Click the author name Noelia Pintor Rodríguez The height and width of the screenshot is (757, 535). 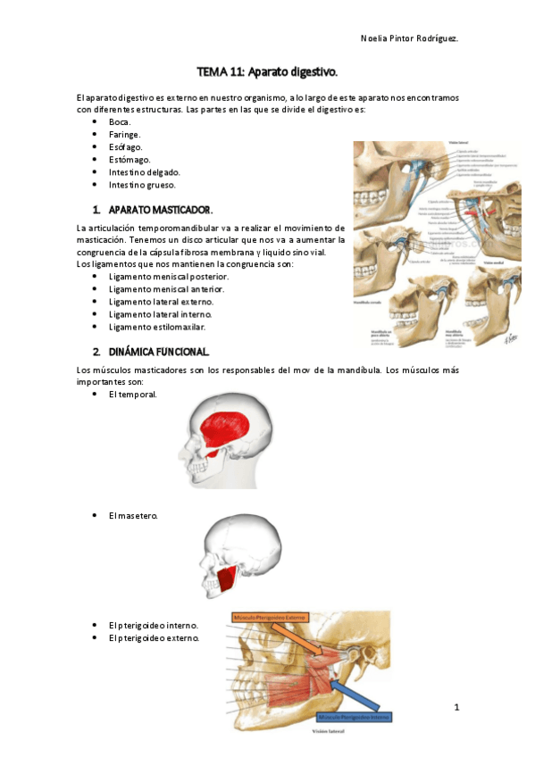click(409, 38)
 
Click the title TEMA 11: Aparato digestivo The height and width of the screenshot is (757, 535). click(267, 71)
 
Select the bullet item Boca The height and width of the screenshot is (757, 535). click(120, 121)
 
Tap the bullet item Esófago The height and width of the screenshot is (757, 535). click(125, 146)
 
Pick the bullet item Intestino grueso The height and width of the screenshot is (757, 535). click(142, 185)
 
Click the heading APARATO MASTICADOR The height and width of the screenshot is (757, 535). click(161, 210)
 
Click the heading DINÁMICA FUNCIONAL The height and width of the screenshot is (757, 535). click(158, 351)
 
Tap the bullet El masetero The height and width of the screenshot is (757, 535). click(133, 515)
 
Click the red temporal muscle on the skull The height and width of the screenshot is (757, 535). click(235, 428)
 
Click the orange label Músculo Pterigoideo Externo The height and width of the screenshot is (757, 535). click(273, 616)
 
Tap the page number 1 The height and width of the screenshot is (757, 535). click(456, 708)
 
